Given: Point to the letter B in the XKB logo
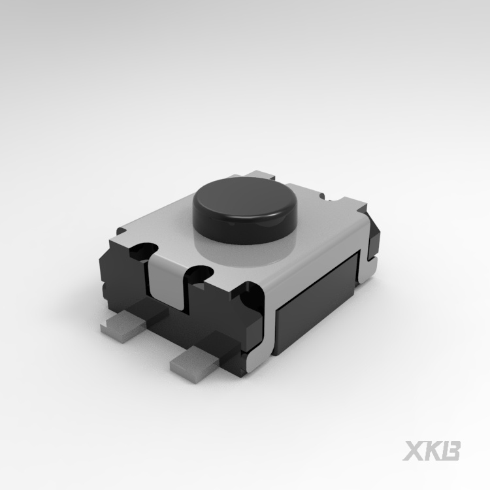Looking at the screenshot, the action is (450, 450).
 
